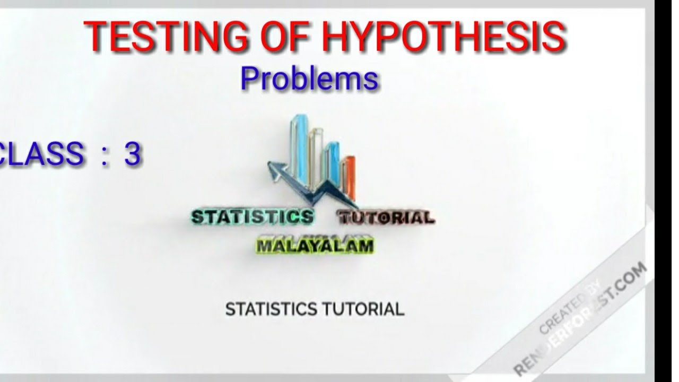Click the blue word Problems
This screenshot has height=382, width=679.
click(309, 79)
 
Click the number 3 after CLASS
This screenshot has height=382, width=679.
click(133, 154)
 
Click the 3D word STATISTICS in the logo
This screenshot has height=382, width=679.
click(252, 217)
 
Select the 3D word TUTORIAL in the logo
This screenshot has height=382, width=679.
click(386, 217)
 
